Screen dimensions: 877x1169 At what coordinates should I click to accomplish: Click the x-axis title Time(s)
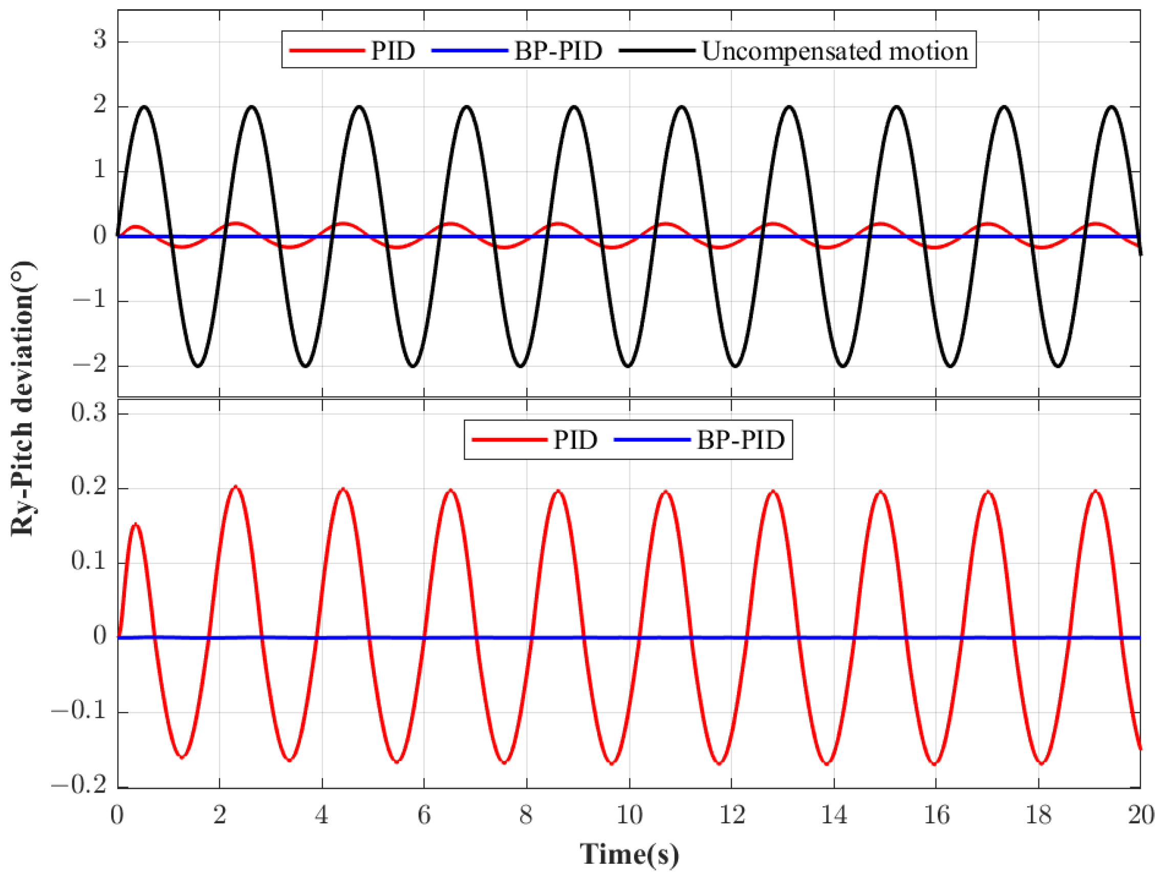point(629,854)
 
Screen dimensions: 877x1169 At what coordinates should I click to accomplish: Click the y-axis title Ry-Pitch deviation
point(22,399)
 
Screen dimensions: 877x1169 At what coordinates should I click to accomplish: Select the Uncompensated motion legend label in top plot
point(835,51)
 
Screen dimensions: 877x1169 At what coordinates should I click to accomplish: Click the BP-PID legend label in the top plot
point(558,51)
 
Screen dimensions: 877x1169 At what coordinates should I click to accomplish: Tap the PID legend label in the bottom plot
point(575,440)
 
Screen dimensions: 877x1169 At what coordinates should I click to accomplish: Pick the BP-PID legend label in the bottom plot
point(741,440)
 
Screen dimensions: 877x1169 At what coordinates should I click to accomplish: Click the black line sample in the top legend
point(656,51)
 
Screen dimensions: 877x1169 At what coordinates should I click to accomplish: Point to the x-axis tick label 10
point(629,816)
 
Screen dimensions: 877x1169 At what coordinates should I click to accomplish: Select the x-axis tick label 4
point(321,816)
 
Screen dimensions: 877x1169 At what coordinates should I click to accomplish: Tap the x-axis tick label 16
point(936,816)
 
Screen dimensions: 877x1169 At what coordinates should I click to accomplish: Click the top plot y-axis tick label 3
point(99,39)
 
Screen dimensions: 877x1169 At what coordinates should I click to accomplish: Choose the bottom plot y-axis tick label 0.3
point(89,412)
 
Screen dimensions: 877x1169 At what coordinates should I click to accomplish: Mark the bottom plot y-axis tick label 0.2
point(89,487)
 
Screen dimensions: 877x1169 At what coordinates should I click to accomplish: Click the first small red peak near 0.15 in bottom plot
point(136,524)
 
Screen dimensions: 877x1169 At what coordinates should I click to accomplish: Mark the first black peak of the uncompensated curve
point(144,107)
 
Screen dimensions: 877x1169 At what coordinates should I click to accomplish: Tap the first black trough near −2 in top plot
point(198,366)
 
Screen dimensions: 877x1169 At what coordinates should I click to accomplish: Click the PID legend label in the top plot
point(393,51)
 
